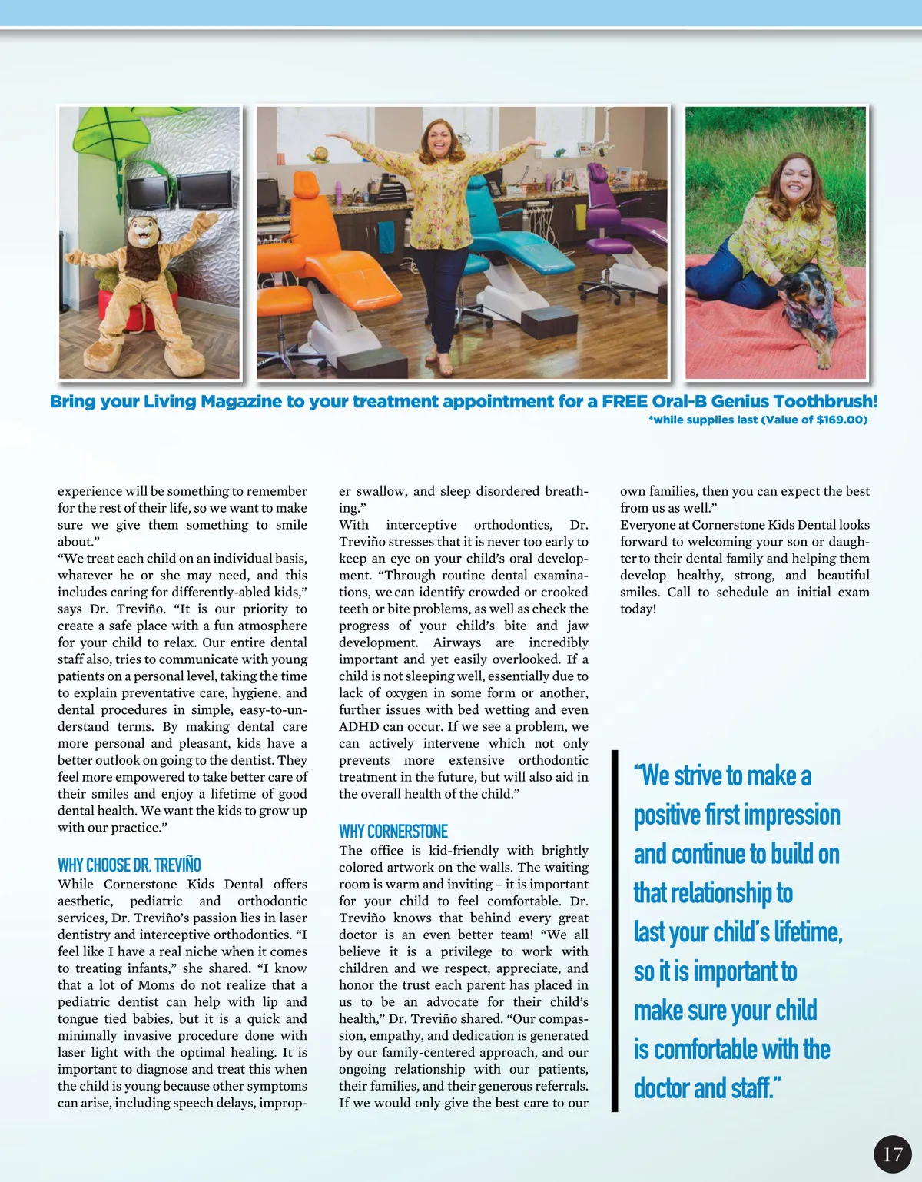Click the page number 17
pyautogui.click(x=892, y=1154)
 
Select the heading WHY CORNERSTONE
pyautogui.click(x=393, y=832)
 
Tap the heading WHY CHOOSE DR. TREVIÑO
pyautogui.click(x=129, y=865)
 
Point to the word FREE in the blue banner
pyautogui.click(x=625, y=401)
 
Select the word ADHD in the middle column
pyautogui.click(x=359, y=726)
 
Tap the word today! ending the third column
pyautogui.click(x=638, y=609)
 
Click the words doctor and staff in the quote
pyautogui.click(x=707, y=1088)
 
